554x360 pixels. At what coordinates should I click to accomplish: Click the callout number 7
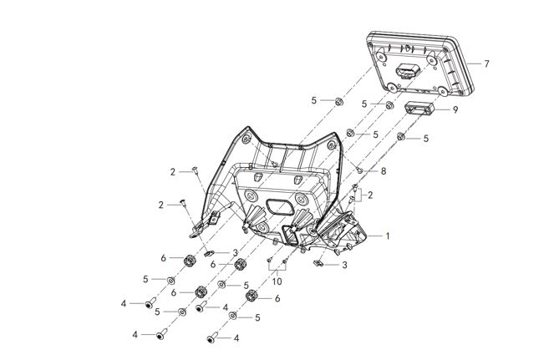point(486,64)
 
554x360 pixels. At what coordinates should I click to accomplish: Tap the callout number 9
point(455,109)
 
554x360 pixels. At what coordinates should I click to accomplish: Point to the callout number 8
point(384,170)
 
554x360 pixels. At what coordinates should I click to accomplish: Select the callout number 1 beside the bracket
point(387,236)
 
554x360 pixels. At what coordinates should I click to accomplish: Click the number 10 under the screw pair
point(277,281)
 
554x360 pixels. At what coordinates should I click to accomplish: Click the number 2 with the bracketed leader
point(369,195)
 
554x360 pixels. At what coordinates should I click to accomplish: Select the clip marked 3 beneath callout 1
point(319,263)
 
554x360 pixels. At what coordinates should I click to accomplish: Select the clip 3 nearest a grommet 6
point(211,252)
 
